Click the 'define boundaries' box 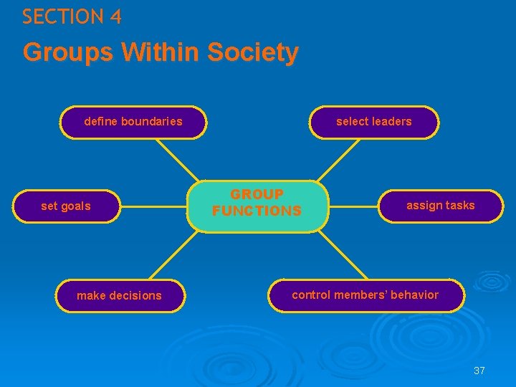(x=134, y=122)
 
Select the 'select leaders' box (x=374, y=122)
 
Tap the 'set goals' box (x=67, y=206)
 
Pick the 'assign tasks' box (x=441, y=206)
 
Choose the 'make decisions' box (x=120, y=296)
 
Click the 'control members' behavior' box (x=365, y=295)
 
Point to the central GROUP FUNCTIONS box (x=257, y=204)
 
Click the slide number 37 (x=479, y=371)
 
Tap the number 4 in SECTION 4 (x=115, y=17)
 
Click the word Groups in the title (x=70, y=52)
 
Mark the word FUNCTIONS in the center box (x=257, y=211)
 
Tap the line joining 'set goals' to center (x=154, y=206)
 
